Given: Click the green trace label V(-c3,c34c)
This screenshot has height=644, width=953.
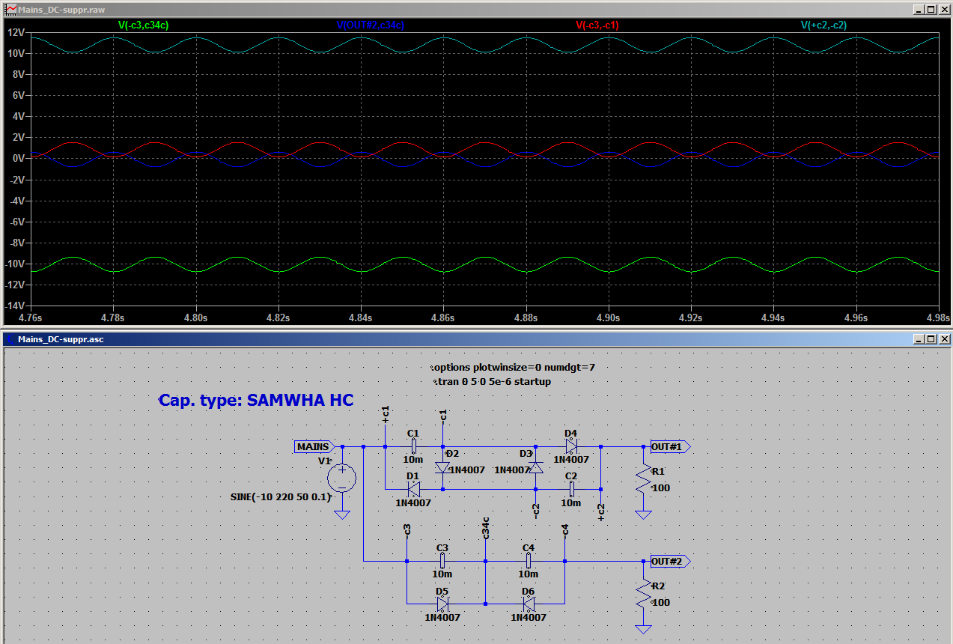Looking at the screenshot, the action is (144, 25).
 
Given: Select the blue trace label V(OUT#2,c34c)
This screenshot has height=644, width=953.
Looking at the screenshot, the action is (370, 25).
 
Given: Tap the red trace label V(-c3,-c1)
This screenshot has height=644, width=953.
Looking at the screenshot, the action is (597, 25).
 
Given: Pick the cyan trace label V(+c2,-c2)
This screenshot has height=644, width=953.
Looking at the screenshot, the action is (823, 25).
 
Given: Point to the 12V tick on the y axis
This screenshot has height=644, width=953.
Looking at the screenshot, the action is (16, 32).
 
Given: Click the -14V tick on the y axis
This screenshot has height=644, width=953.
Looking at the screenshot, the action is (14, 306).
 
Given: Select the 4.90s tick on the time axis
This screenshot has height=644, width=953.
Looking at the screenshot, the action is (608, 318).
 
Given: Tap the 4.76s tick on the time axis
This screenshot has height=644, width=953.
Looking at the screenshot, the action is (30, 318).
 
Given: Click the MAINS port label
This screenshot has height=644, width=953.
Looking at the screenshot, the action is (314, 446).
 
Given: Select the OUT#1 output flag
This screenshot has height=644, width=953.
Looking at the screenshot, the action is (670, 446).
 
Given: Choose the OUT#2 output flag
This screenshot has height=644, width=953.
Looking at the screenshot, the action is (670, 562).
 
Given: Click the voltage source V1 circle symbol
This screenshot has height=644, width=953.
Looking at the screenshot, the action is (341, 478).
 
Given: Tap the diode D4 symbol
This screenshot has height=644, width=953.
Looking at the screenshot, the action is (571, 446).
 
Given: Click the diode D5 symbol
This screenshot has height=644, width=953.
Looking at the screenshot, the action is (442, 604).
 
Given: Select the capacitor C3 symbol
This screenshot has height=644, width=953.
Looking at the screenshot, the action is (442, 561).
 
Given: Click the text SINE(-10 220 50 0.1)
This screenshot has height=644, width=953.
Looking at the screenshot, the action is (281, 496).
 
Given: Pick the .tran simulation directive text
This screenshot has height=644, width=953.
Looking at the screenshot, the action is (493, 381).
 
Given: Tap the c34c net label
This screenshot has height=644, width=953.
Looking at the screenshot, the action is (485, 528).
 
